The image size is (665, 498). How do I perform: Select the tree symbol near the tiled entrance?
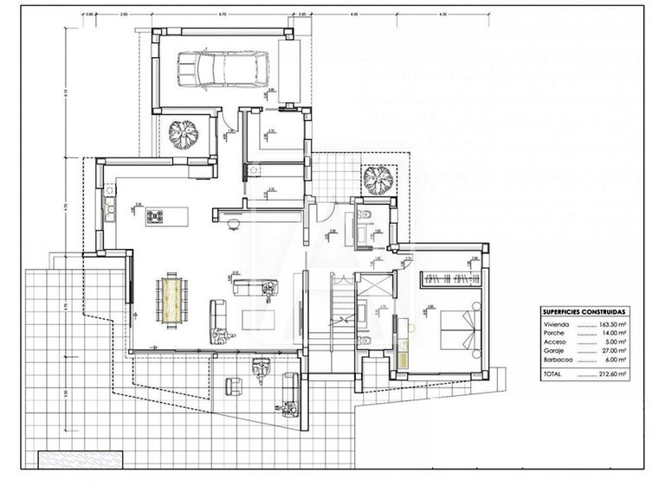pos(378,180)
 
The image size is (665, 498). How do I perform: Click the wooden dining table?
pos(170,297)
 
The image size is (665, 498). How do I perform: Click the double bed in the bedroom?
pos(458,329)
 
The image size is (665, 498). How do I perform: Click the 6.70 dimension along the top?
pos(223,15)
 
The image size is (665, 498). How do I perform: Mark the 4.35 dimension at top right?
pos(442,15)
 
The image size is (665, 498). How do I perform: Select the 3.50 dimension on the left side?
pos(67,393)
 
